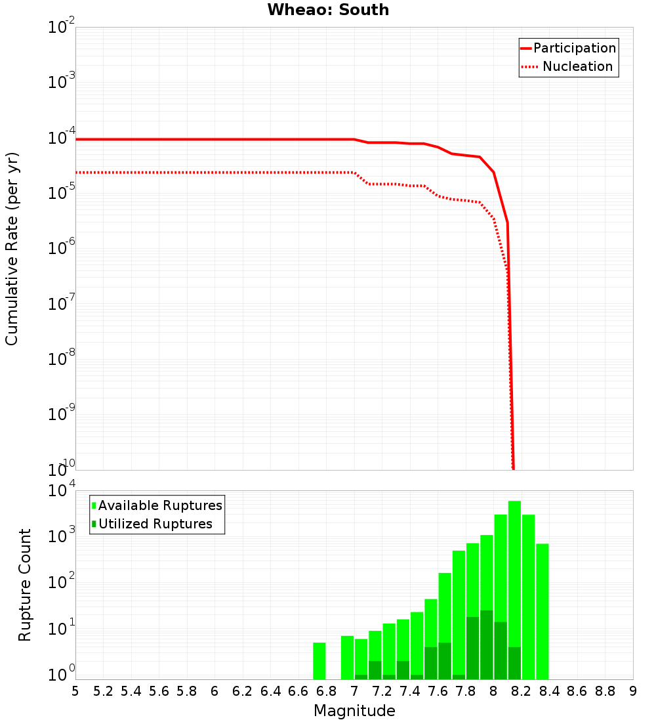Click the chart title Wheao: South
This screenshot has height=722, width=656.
click(x=328, y=11)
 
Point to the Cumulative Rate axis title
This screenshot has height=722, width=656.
click(x=12, y=249)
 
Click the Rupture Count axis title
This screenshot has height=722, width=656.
click(x=25, y=585)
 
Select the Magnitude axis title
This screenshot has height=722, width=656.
click(x=354, y=711)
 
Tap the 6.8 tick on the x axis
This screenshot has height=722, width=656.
click(x=326, y=691)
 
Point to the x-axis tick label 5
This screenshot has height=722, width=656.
click(x=75, y=691)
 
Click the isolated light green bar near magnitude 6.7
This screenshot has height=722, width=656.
click(x=319, y=660)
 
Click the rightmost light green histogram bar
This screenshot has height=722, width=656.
click(x=542, y=611)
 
